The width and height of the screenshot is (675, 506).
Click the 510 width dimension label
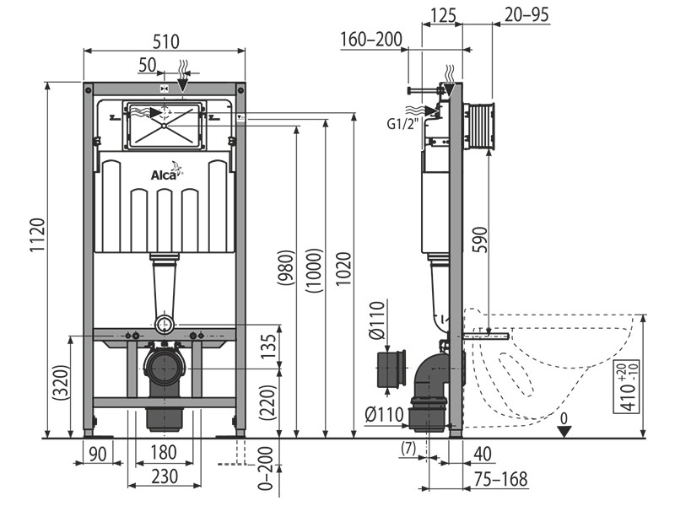pos(165,41)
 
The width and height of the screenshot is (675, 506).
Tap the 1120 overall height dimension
pos(37,235)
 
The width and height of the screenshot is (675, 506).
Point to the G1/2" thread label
pos(402,124)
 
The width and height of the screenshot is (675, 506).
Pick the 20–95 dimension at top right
pos(526,14)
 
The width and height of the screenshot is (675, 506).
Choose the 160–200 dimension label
pos(371,40)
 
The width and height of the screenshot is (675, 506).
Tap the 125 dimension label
pos(443,16)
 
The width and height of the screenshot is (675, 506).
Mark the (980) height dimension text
pos(286,267)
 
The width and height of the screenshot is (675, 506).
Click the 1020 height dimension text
pos(344,269)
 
